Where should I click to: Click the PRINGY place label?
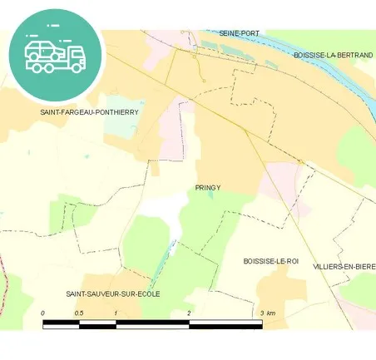coord(208,188)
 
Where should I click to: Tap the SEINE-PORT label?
coord(240,32)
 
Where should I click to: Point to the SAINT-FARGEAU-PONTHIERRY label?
coord(89,111)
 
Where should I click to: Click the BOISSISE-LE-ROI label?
coord(270,261)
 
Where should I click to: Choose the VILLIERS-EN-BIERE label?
coord(344,266)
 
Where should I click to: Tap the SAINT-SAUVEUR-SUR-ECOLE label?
coord(113,293)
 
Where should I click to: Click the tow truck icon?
coord(55,52)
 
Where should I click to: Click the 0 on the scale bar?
coord(43,313)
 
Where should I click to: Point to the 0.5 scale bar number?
coord(78,313)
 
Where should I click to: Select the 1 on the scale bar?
coord(116,313)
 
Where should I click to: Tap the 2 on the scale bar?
coord(189,313)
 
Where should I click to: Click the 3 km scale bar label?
coord(268,313)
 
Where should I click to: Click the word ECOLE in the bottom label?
coord(147,293)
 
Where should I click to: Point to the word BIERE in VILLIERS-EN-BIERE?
coord(364,266)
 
